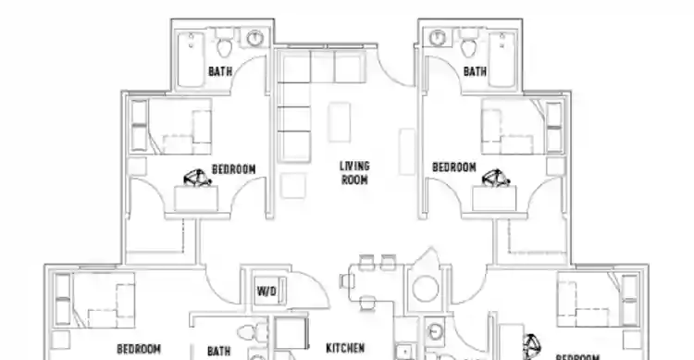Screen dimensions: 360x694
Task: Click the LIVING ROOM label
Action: point(353,173)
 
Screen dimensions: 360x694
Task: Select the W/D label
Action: point(266,292)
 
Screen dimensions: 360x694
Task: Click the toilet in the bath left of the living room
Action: point(225,43)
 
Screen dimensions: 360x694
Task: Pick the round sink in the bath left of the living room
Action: point(255,38)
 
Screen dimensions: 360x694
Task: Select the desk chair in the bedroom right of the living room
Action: point(497,176)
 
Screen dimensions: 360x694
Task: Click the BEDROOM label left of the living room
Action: point(233,169)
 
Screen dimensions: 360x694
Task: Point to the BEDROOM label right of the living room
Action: point(454,168)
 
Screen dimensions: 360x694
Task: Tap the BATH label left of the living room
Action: point(220,71)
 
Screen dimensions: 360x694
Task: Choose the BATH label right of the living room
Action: point(475,71)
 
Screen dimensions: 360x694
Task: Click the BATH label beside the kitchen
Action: point(219,351)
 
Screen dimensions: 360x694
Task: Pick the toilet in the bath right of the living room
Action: point(467,43)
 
